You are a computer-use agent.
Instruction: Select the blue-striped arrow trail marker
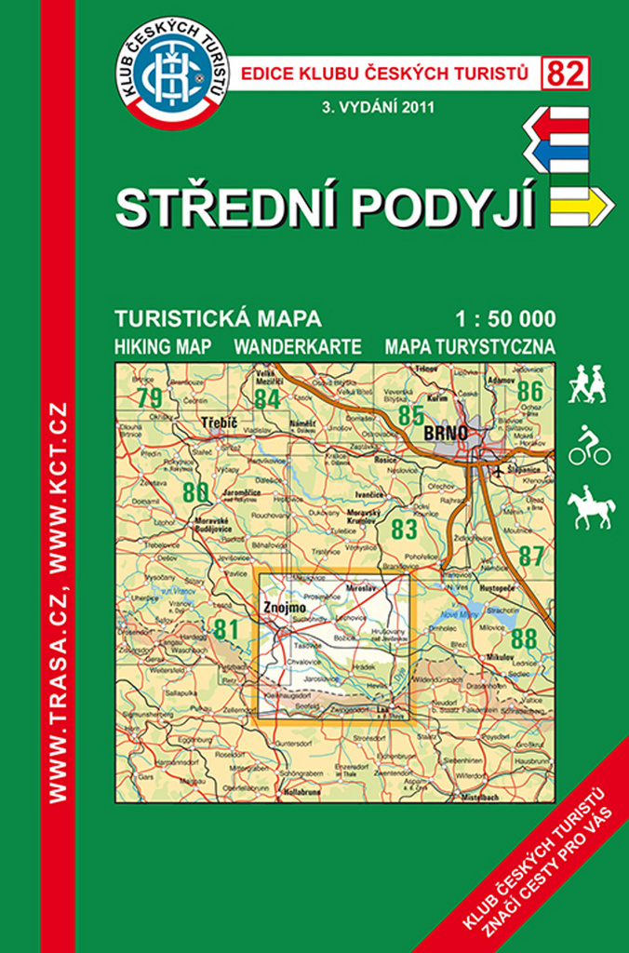pyautogui.click(x=558, y=153)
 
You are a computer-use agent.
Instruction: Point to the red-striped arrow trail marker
pyautogui.click(x=558, y=121)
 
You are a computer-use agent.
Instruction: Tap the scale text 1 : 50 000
pyautogui.click(x=507, y=319)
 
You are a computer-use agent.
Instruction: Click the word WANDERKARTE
pyautogui.click(x=298, y=347)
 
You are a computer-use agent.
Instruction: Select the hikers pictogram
pyautogui.click(x=588, y=384)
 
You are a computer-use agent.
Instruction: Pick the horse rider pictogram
pyautogui.click(x=592, y=506)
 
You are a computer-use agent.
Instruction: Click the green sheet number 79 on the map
pyautogui.click(x=148, y=397)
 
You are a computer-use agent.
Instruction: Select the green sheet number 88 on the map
pyautogui.click(x=524, y=638)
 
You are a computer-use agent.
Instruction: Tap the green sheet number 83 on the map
pyautogui.click(x=404, y=530)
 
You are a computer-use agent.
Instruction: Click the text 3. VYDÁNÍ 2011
pyautogui.click(x=376, y=105)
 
